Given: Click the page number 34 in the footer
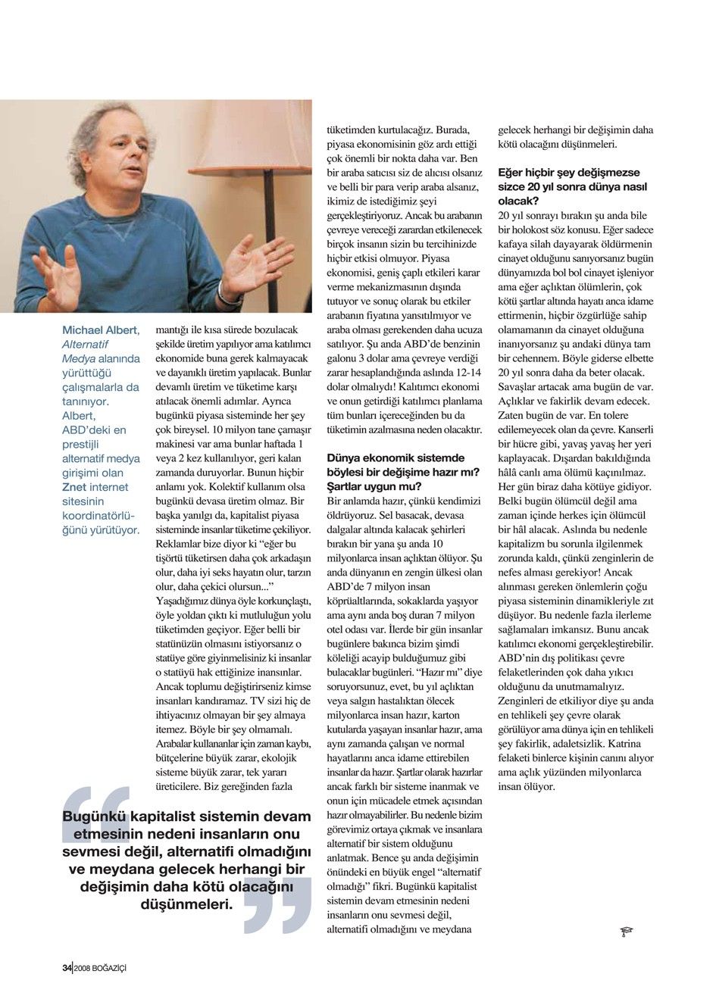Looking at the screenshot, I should (x=67, y=967).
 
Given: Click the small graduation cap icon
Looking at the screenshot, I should (x=626, y=931).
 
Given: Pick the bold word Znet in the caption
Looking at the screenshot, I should (x=73, y=487).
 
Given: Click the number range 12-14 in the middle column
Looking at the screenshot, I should (x=468, y=372).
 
